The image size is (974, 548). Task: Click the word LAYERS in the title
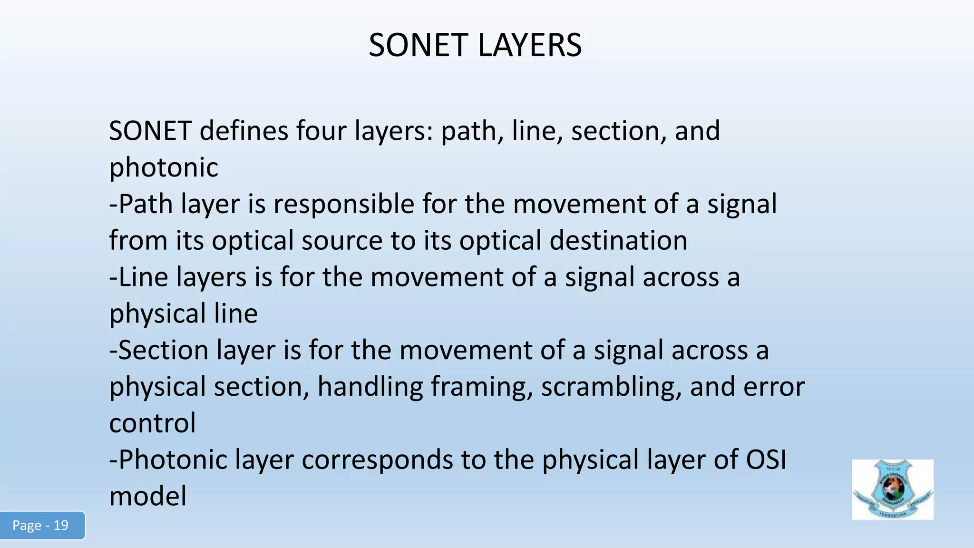click(529, 46)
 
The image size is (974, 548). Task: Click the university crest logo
click(892, 489)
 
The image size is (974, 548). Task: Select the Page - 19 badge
click(41, 525)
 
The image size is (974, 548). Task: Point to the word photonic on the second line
click(164, 167)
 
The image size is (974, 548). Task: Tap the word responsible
click(344, 204)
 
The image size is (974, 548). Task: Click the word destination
click(618, 240)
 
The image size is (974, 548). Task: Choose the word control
click(152, 423)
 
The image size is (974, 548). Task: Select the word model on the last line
click(148, 496)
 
